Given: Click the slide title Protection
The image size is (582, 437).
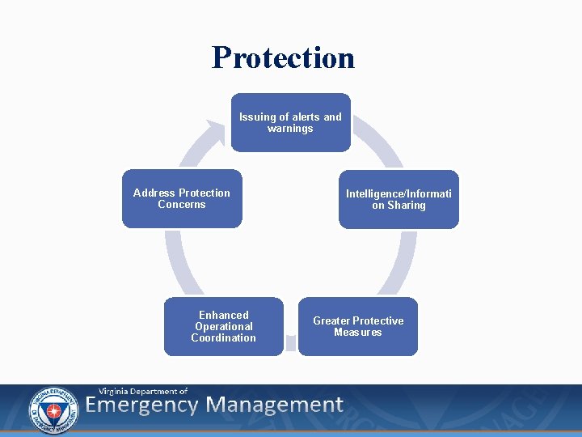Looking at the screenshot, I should pyautogui.click(x=283, y=57).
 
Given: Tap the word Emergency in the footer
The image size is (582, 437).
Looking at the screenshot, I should pyautogui.click(x=141, y=405).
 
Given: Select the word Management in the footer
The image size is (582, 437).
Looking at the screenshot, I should pyautogui.click(x=275, y=405).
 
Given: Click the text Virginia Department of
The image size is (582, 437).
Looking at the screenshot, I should pyautogui.click(x=143, y=391).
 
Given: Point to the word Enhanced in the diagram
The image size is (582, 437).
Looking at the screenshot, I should pyautogui.click(x=224, y=315).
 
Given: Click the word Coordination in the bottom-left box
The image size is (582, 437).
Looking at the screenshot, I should pyautogui.click(x=224, y=338).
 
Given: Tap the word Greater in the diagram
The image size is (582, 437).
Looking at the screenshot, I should pyautogui.click(x=331, y=321).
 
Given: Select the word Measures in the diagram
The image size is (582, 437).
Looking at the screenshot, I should pyautogui.click(x=358, y=333).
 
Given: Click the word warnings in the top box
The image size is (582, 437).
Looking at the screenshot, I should pyautogui.click(x=290, y=129).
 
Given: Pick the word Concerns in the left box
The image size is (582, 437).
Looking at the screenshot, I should pyautogui.click(x=182, y=205).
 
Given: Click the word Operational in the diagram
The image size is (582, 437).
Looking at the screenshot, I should pyautogui.click(x=224, y=327).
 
